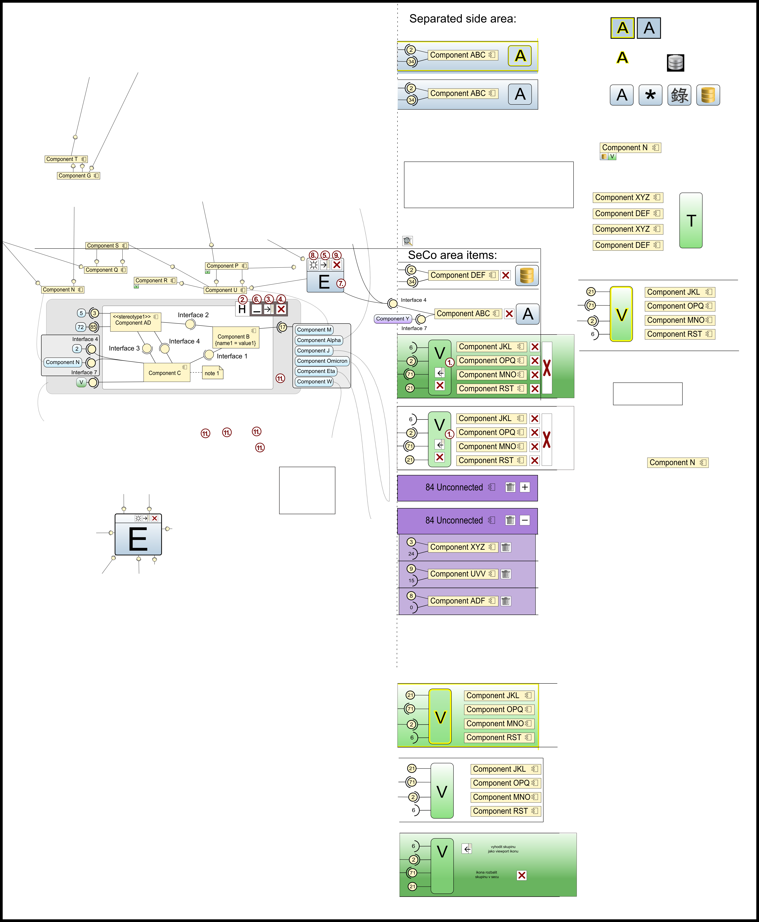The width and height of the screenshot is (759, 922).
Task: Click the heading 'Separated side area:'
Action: tap(463, 19)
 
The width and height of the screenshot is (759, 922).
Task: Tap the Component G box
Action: tap(78, 176)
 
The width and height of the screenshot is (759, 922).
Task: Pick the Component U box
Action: tap(225, 290)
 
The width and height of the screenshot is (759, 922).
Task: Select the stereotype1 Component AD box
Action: tap(136, 322)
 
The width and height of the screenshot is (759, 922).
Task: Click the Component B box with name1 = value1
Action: tap(236, 338)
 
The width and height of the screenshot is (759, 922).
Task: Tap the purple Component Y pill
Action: tap(393, 319)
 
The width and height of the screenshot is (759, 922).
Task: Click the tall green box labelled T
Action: tap(691, 220)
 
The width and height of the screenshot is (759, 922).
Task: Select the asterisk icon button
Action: tap(650, 95)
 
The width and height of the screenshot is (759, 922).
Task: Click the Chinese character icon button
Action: tap(679, 95)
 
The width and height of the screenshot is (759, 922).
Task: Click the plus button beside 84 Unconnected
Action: tap(525, 487)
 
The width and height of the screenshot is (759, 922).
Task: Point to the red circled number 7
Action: tap(341, 283)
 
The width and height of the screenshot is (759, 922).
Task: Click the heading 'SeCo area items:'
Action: tap(452, 255)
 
